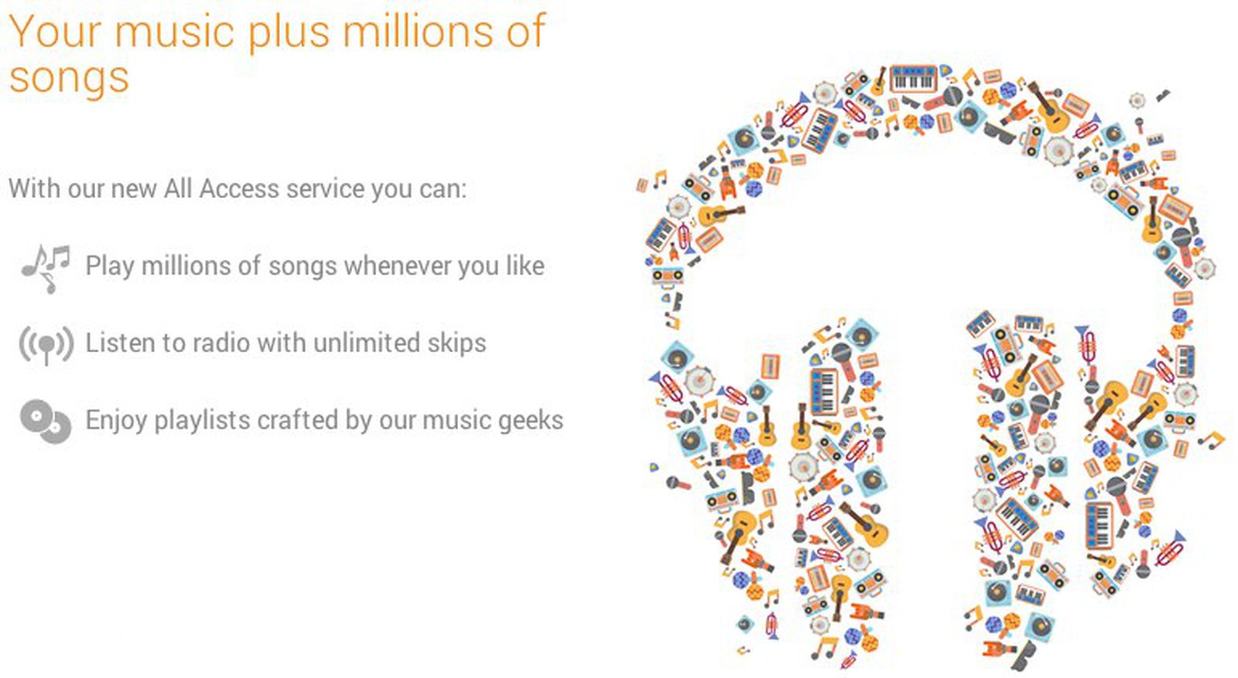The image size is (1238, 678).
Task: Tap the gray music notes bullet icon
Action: (x=46, y=269)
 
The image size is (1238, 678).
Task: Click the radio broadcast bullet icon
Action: (x=46, y=344)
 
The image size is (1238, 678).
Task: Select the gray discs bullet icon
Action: (x=46, y=421)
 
